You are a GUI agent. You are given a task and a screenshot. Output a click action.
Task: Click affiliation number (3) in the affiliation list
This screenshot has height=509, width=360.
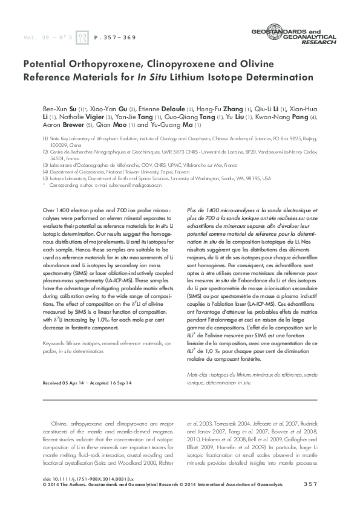point(45,164)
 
